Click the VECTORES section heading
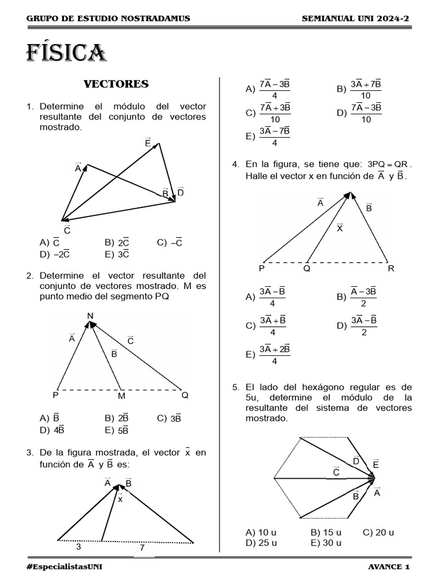[x=116, y=84]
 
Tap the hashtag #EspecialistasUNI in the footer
[x=65, y=566]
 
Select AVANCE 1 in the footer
[x=389, y=566]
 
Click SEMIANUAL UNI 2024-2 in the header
[x=356, y=19]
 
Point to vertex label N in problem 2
[x=90, y=315]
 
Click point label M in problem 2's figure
[x=121, y=395]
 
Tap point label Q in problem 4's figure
[x=307, y=269]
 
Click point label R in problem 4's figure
[x=391, y=269]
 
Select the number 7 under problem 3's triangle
[x=142, y=547]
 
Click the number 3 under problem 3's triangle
[x=78, y=547]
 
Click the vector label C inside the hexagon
[x=336, y=471]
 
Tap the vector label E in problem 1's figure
[x=148, y=142]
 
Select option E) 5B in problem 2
[x=117, y=430]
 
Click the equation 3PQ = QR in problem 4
[x=388, y=165]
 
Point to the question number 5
[x=236, y=387]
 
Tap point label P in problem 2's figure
[x=55, y=395]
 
